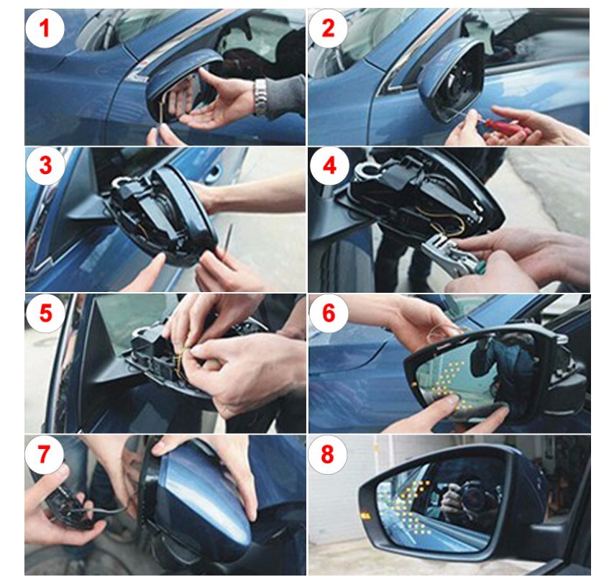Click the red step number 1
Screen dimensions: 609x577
click(x=45, y=28)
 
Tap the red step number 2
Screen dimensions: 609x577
click(x=328, y=28)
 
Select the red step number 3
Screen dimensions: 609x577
click(x=45, y=165)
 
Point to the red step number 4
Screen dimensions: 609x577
click(x=329, y=165)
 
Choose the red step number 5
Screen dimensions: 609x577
click(x=45, y=313)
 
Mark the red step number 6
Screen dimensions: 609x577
click(x=329, y=313)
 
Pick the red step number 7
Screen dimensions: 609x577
click(x=44, y=454)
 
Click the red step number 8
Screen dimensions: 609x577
click(x=327, y=454)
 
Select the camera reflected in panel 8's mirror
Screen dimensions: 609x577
click(x=472, y=496)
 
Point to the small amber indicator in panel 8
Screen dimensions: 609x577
click(x=365, y=517)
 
